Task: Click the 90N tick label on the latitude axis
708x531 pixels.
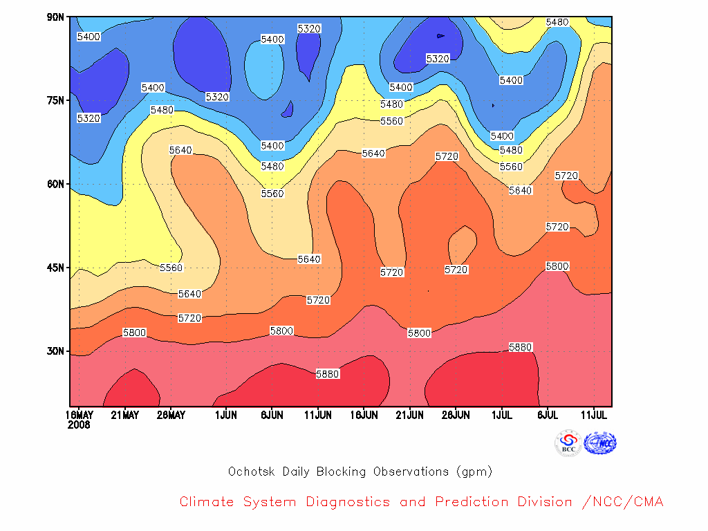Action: (x=55, y=17)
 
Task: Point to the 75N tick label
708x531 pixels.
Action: (x=55, y=100)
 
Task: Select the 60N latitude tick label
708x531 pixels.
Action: (x=55, y=184)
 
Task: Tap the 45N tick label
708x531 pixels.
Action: (x=55, y=268)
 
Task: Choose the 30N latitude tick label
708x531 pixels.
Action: (x=55, y=351)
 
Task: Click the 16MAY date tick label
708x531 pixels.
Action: (x=80, y=415)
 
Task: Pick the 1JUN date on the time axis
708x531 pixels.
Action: (x=226, y=415)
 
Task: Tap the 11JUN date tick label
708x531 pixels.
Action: (x=318, y=415)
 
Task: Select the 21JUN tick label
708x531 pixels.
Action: (x=409, y=415)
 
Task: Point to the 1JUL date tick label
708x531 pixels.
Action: (x=502, y=415)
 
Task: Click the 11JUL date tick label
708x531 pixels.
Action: (x=594, y=415)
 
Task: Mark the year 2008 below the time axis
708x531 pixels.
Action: (x=79, y=425)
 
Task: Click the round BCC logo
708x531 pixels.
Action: (x=568, y=443)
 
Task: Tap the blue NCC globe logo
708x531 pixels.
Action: (x=600, y=443)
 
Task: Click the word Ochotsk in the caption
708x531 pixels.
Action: (x=252, y=472)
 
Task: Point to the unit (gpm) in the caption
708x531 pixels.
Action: (x=474, y=472)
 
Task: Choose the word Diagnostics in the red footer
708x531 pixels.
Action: (x=348, y=502)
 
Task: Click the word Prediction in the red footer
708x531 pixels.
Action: (x=472, y=502)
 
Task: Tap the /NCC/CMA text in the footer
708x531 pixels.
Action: (x=623, y=502)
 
